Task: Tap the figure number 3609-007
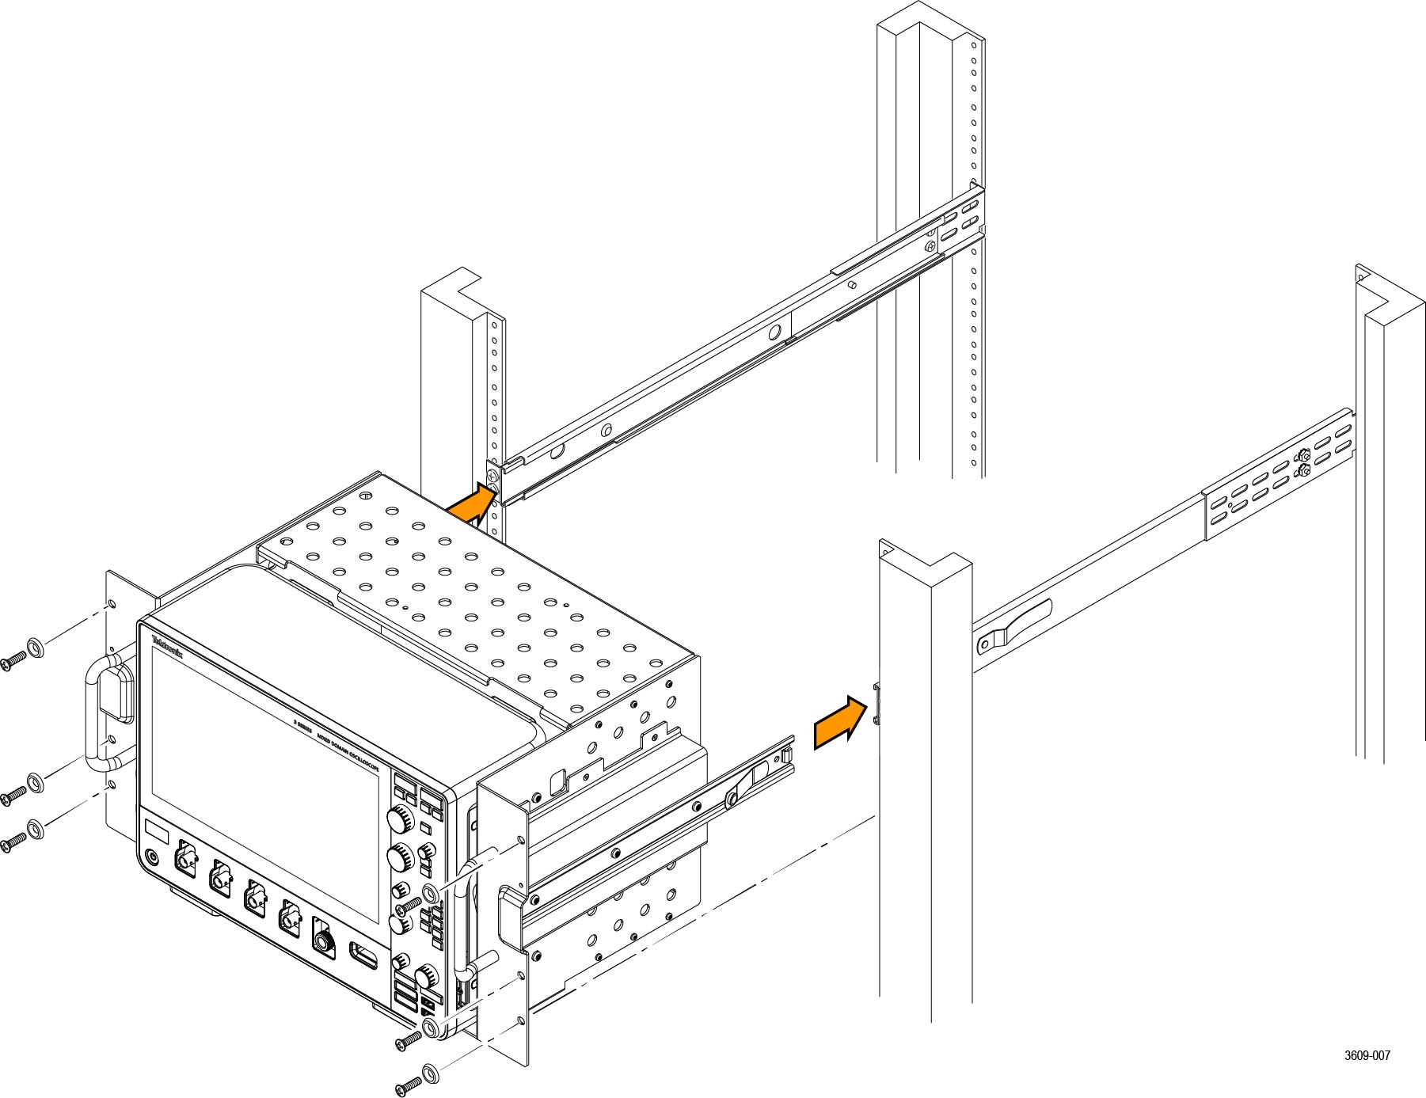pyautogui.click(x=1367, y=1055)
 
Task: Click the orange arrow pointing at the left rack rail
pyautogui.click(x=473, y=506)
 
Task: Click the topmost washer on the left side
pyautogui.click(x=36, y=647)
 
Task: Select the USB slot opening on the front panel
pyautogui.click(x=363, y=955)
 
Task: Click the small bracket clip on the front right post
pyautogui.click(x=876, y=704)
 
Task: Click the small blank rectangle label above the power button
pyautogui.click(x=158, y=831)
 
